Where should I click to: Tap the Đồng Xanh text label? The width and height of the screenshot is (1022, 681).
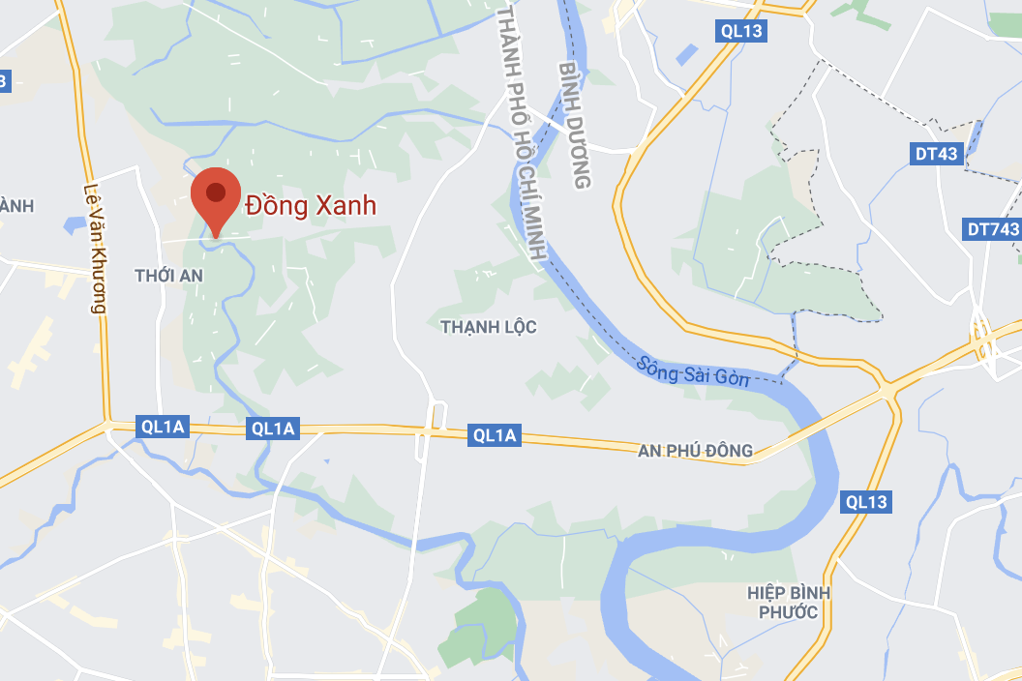tap(311, 206)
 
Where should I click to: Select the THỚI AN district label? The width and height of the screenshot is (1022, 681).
tap(169, 276)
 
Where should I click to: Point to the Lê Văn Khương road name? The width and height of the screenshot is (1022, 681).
tap(94, 249)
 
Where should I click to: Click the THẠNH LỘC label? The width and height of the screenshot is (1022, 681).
tap(488, 327)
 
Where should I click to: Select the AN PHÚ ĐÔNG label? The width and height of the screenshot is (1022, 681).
tap(695, 451)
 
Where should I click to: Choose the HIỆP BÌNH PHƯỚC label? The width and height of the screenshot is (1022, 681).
tap(788, 602)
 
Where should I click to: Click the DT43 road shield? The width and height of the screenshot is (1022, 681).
tap(936, 154)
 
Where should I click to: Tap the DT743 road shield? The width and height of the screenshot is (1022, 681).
tap(993, 229)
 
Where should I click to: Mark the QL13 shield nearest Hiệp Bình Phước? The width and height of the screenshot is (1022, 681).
tap(865, 502)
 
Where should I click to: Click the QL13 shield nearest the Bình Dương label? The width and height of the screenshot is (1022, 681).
tap(741, 31)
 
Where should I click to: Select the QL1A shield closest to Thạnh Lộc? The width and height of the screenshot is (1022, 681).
tap(495, 436)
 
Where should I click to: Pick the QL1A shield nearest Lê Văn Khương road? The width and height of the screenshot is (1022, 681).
tap(161, 427)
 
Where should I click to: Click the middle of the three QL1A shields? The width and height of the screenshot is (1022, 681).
tap(272, 429)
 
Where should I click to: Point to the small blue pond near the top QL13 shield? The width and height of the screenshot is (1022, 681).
tap(687, 54)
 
